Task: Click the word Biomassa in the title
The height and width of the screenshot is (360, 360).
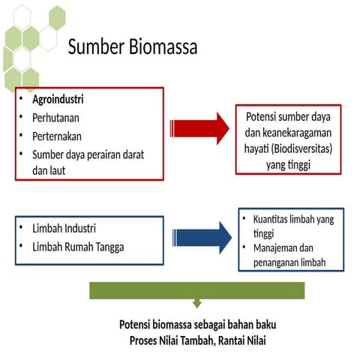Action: coord(163,48)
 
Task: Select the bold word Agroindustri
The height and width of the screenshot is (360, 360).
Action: coord(57,99)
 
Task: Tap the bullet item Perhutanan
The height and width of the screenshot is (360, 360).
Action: coord(55,118)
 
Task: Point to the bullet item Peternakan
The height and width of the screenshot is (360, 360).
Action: coord(56,136)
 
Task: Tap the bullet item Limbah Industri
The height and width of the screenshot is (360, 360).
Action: coord(64,228)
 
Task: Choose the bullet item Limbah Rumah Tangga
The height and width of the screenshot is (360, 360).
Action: coord(77,247)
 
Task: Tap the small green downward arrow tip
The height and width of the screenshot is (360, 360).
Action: coord(196,304)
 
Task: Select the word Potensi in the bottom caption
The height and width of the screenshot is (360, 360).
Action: coord(137,325)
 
